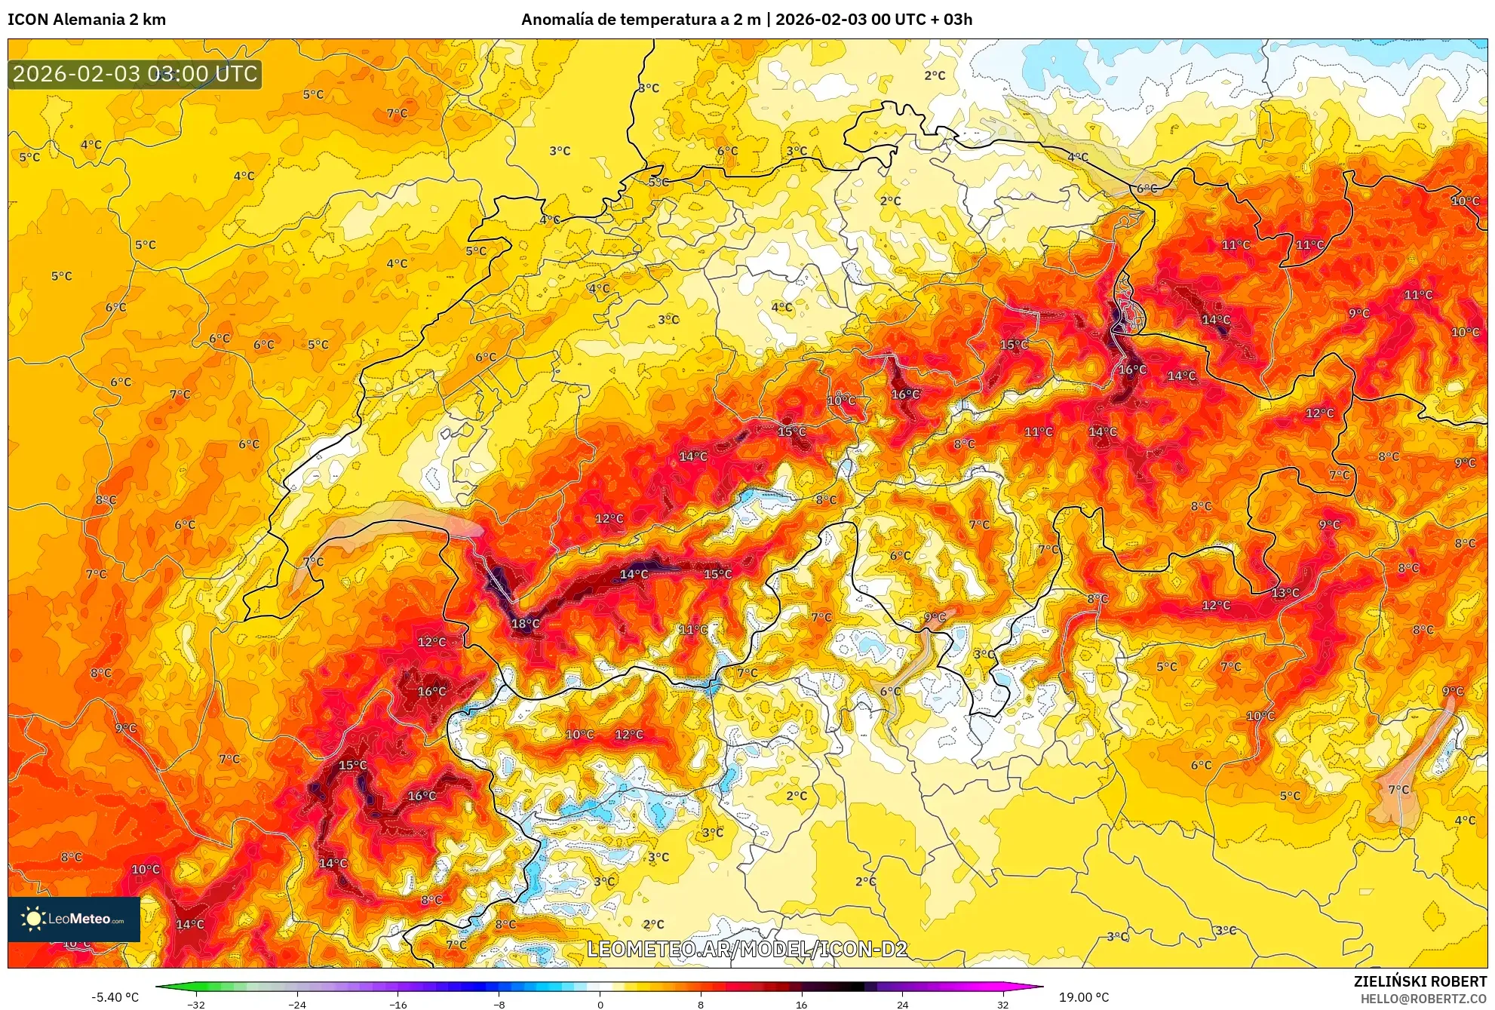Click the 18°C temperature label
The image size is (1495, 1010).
pos(525,624)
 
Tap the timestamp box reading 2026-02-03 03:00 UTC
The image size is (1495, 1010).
pos(135,74)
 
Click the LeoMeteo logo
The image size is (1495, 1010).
pos(74,919)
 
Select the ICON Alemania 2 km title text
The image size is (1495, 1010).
pos(87,20)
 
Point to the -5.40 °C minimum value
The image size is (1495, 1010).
pos(115,997)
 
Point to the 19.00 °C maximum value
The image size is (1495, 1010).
pos(1084,997)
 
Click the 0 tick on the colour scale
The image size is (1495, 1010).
pos(600,1004)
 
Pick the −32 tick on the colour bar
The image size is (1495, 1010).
pos(196,1004)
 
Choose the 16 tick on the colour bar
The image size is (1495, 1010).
pos(801,1004)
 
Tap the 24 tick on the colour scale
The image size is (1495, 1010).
pos(902,1004)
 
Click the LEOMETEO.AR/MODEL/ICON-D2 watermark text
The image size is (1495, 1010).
pos(747,949)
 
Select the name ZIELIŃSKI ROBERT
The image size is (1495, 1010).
pos(1420,981)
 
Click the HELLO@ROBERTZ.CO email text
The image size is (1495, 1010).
pos(1423,999)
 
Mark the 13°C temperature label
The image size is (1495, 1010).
pos(1285,593)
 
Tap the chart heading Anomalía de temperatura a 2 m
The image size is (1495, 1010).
pos(641,20)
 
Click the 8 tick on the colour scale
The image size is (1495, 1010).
pos(701,1004)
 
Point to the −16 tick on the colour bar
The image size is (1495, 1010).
pos(398,1004)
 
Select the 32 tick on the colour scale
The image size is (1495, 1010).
pos(1002,1004)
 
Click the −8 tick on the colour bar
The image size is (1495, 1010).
pos(499,1004)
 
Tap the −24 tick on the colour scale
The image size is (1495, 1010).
pos(297,1004)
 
